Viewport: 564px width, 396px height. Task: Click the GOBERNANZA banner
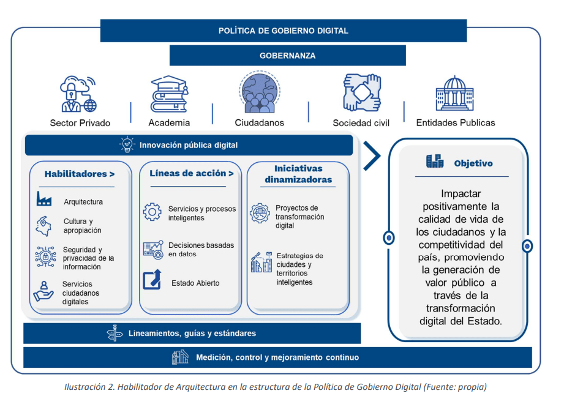(287, 56)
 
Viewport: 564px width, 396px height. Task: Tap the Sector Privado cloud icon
(78, 94)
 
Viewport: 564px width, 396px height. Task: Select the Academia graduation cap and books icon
(169, 94)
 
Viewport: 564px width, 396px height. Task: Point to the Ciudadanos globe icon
(260, 92)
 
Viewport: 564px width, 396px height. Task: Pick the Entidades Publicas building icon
(454, 94)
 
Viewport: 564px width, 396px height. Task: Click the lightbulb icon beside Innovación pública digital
(127, 145)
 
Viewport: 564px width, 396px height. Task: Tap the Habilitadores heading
(79, 174)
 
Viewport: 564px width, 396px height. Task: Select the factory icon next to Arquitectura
(44, 200)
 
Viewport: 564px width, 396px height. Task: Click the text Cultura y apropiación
(83, 226)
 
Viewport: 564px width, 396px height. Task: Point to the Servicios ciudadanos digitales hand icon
(43, 291)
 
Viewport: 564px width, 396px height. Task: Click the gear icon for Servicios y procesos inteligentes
(152, 212)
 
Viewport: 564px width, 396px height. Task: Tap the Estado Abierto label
(195, 283)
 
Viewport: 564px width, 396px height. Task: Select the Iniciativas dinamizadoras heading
(298, 174)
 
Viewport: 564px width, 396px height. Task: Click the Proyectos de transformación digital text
(300, 217)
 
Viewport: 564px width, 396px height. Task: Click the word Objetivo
(473, 163)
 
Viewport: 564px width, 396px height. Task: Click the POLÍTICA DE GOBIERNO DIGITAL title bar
(283, 31)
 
